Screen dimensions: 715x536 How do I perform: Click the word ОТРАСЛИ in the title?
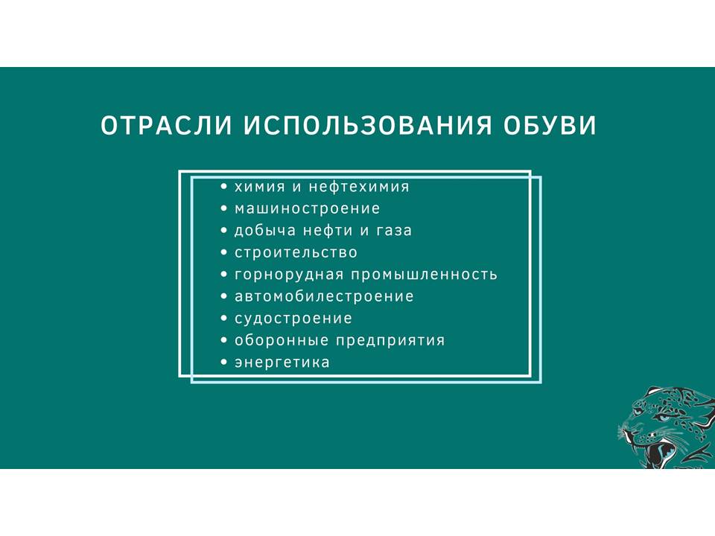(x=166, y=125)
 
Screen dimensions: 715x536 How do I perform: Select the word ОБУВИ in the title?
(x=550, y=125)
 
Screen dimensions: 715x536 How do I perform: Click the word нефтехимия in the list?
(x=359, y=186)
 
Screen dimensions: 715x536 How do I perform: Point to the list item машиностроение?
(x=307, y=208)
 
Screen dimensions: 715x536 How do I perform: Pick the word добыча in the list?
(x=265, y=230)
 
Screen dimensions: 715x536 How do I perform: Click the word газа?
(x=394, y=231)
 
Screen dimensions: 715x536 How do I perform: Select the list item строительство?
(x=296, y=252)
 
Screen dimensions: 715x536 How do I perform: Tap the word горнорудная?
(x=289, y=275)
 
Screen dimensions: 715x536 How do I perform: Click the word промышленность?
(x=424, y=275)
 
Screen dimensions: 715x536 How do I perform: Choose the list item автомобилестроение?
(x=324, y=296)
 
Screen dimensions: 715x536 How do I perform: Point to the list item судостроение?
(x=293, y=319)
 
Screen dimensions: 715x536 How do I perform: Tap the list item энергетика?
(x=282, y=363)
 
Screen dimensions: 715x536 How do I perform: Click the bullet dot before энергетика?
(x=223, y=363)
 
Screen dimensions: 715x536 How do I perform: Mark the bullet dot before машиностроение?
(x=223, y=208)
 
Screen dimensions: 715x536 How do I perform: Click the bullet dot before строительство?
(x=223, y=252)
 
